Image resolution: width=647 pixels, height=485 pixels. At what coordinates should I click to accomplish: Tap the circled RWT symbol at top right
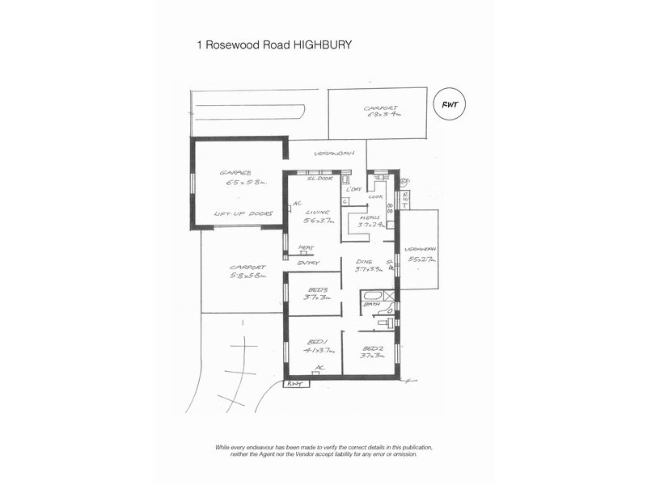[x=450, y=103]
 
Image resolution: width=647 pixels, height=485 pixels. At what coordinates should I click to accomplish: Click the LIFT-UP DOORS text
[x=240, y=214]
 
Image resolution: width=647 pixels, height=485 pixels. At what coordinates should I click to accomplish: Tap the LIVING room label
[x=315, y=211]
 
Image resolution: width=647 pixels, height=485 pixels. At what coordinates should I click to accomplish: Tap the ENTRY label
[x=308, y=263]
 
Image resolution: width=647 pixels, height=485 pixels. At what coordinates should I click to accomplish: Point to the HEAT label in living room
[x=307, y=248]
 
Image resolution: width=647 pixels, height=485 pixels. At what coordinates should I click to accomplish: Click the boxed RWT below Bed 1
[x=294, y=384]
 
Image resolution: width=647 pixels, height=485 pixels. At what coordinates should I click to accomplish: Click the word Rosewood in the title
[x=237, y=45]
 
